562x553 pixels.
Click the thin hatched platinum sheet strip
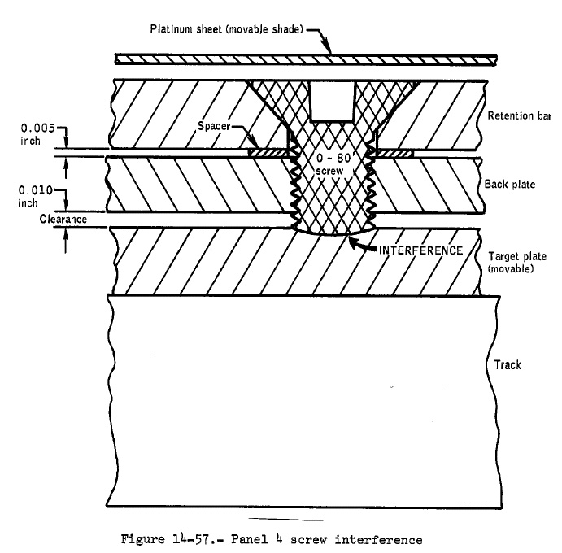[306, 59]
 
